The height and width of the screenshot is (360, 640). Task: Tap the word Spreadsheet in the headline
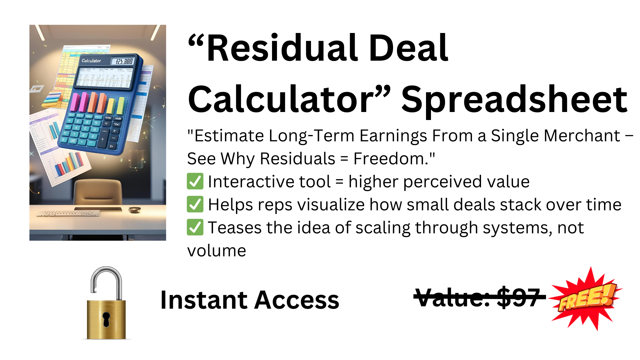(514, 99)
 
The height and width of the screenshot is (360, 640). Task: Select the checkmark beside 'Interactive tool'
(195, 181)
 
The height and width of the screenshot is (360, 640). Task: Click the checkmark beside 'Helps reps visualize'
(195, 204)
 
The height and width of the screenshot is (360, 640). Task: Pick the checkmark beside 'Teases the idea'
(195, 227)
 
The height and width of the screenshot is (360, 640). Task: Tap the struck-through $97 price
(518, 297)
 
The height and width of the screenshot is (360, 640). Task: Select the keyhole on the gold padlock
(106, 319)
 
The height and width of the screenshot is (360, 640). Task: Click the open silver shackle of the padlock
(106, 282)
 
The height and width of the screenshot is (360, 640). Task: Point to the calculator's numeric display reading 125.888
(124, 61)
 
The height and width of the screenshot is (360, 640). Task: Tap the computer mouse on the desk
(135, 210)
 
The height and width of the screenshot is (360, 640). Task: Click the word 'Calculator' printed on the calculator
(91, 61)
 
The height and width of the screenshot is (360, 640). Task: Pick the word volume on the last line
(217, 251)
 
